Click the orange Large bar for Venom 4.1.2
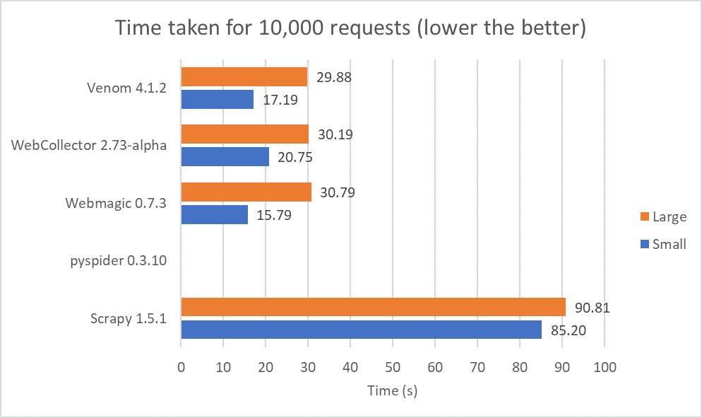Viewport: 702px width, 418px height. pyautogui.click(x=244, y=76)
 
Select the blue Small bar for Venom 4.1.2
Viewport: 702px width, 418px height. pyautogui.click(x=218, y=100)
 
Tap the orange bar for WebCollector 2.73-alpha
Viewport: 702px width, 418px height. pyautogui.click(x=245, y=134)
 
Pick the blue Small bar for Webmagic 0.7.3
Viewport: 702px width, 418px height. pyautogui.click(x=215, y=214)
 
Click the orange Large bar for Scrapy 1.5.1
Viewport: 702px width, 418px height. pyautogui.click(x=374, y=307)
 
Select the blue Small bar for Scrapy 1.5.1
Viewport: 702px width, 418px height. pyautogui.click(x=362, y=330)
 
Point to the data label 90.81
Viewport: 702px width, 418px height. pyautogui.click(x=592, y=308)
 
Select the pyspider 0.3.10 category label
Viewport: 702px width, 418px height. pyautogui.click(x=118, y=260)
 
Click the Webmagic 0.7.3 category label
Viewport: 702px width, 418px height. pyautogui.click(x=116, y=203)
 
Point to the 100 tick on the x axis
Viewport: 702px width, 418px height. pyautogui.click(x=605, y=368)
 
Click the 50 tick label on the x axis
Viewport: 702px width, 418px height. pyautogui.click(x=393, y=368)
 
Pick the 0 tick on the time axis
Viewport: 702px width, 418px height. pyautogui.click(x=182, y=368)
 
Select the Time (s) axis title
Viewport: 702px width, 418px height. pyautogui.click(x=393, y=390)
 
